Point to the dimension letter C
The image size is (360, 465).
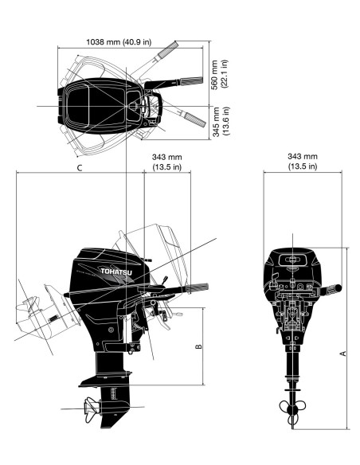[79, 168]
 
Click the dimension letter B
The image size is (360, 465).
[198, 345]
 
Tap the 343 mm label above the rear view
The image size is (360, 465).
[302, 156]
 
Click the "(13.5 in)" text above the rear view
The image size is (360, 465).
[302, 166]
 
